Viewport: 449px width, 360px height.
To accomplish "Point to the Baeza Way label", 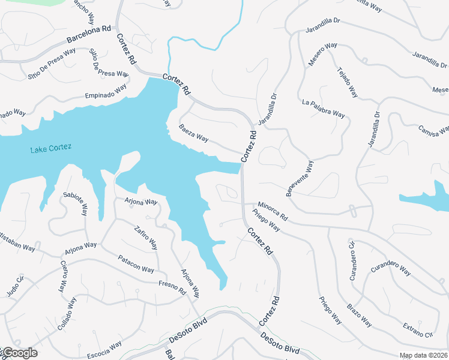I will point(193,133).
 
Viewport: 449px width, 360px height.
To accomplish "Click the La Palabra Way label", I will point(324,108).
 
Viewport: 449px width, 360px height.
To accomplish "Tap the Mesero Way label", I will point(323,53).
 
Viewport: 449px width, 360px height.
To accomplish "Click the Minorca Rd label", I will point(274,210).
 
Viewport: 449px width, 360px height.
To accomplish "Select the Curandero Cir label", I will point(352,260).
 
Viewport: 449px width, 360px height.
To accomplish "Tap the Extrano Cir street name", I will point(418,329).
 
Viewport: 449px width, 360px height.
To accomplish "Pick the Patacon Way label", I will point(136,264).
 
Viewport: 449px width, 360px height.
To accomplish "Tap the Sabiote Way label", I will point(75,205).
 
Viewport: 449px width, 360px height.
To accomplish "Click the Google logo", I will point(19,353).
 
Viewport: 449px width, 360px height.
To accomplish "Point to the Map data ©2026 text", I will point(423,355).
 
